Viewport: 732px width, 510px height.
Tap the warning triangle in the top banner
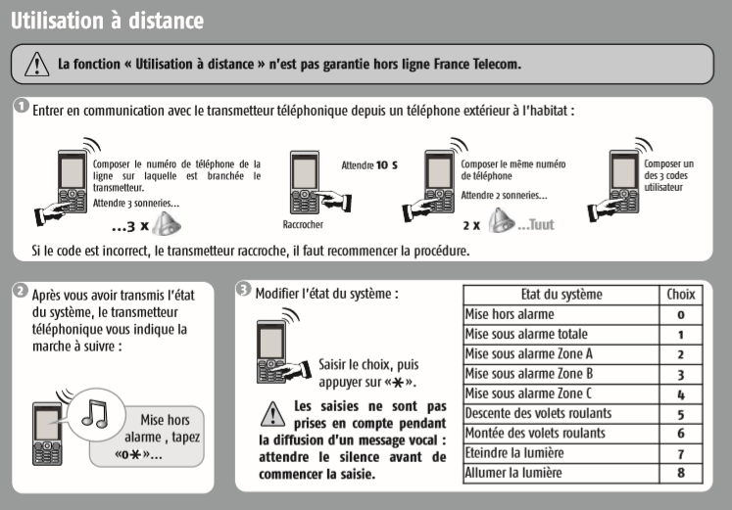tap(35, 65)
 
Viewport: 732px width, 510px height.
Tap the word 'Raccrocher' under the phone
tap(303, 224)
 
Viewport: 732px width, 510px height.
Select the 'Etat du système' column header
tap(561, 294)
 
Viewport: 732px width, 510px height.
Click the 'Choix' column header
tap(680, 294)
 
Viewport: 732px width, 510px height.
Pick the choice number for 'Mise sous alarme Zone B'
tap(680, 373)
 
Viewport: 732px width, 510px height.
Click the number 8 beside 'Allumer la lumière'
tap(680, 474)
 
